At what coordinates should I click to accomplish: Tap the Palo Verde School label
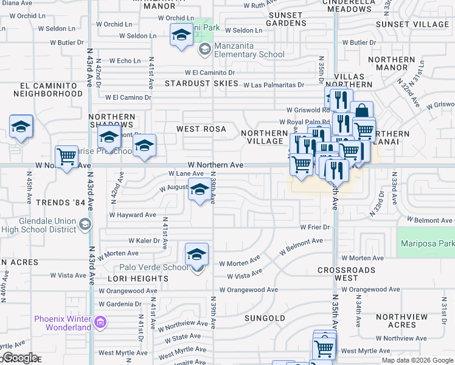(x=159, y=267)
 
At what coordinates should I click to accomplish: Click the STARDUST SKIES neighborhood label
(x=193, y=83)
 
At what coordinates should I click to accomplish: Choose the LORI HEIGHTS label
(x=137, y=279)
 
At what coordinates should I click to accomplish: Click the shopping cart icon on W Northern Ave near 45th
(x=67, y=157)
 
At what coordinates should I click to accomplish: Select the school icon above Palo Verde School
(x=196, y=254)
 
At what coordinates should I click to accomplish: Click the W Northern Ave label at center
(x=215, y=165)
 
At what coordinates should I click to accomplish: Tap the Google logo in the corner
(x=19, y=358)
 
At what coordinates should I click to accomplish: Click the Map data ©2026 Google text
(x=417, y=360)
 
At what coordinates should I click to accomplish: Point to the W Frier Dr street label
(x=314, y=227)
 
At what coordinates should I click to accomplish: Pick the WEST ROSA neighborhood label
(x=201, y=129)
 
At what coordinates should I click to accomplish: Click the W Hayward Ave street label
(x=133, y=215)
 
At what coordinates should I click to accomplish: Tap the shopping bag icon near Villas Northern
(x=361, y=111)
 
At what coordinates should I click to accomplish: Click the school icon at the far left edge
(x=21, y=127)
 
